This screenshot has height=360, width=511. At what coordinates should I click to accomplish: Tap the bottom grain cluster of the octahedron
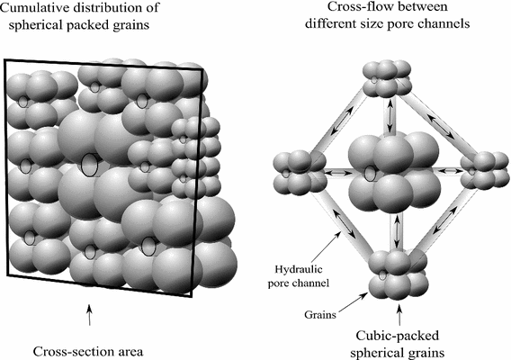click(x=391, y=274)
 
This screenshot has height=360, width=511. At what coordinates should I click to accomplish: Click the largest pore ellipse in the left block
click(x=89, y=165)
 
